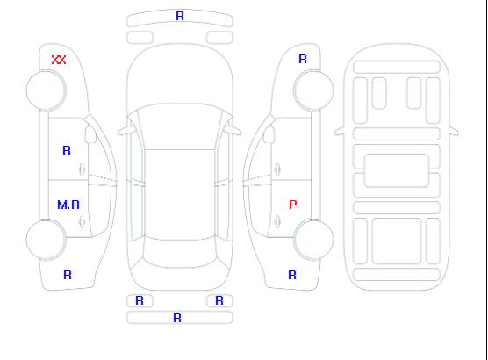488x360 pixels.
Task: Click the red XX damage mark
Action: coord(59,60)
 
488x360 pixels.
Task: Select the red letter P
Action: coord(293,205)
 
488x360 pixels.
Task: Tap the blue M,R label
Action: coord(68,205)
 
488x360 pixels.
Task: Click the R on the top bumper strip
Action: coord(180,16)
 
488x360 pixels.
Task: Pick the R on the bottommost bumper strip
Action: coord(177,318)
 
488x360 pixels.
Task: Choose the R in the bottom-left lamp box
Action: coord(140,300)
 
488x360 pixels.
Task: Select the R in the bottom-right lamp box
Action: coord(219,300)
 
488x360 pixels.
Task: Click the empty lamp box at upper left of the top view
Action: coord(140,38)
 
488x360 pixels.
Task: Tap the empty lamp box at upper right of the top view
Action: coord(219,38)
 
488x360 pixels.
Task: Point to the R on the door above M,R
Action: coord(67,150)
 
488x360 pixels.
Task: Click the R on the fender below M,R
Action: coord(68,275)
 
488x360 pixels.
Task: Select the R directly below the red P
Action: coord(292,275)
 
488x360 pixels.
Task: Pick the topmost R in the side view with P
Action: coord(303,59)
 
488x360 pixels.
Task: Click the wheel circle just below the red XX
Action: coord(46,71)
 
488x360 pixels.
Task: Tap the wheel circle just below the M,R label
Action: coord(46,220)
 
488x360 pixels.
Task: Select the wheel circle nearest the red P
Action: coord(313,220)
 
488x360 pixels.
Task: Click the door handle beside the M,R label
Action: coord(82,222)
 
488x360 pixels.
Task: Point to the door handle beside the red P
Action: coord(277,222)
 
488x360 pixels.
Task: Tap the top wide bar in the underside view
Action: coord(397,68)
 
